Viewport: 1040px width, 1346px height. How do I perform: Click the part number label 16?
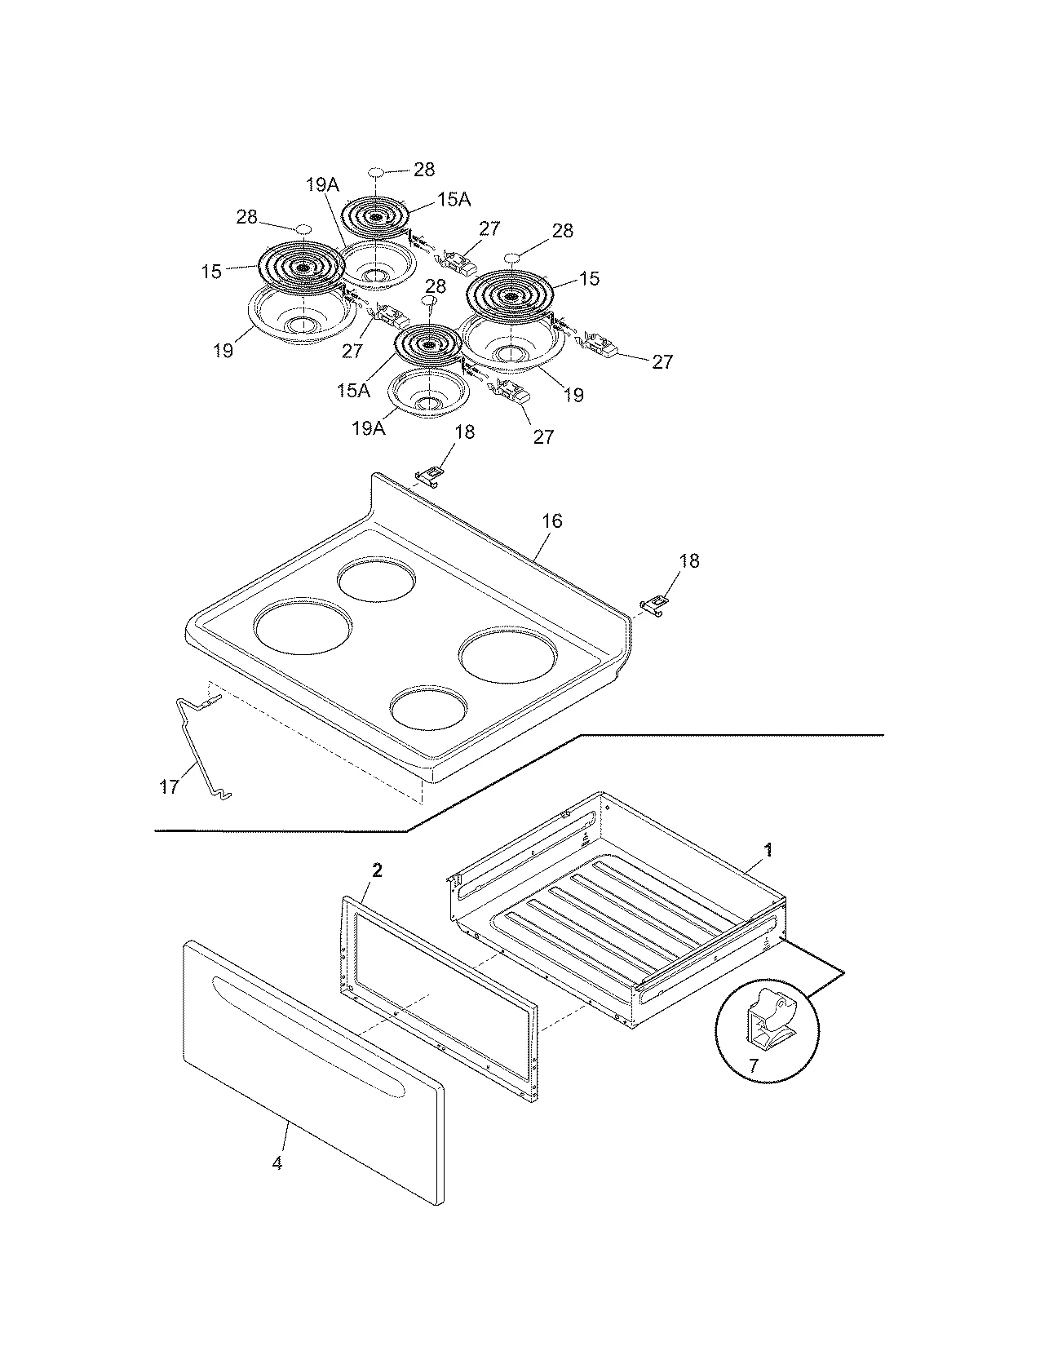(x=552, y=520)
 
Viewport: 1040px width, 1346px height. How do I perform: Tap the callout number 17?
(x=169, y=788)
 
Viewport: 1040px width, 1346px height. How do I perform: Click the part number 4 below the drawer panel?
(x=277, y=1163)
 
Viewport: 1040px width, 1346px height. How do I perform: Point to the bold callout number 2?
(x=377, y=870)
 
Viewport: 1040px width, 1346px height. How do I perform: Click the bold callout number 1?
(x=768, y=850)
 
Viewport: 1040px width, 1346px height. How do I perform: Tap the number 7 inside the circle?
(x=753, y=1065)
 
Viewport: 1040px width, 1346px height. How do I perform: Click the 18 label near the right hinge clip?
(x=689, y=561)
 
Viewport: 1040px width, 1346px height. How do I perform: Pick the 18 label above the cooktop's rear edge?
(x=464, y=432)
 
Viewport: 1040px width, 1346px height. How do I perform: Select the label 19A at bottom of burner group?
(x=368, y=427)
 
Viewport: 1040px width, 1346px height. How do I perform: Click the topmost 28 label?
(x=423, y=169)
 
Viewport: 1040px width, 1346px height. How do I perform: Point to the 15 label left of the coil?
(x=212, y=272)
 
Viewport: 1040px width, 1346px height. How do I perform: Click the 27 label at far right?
(x=662, y=361)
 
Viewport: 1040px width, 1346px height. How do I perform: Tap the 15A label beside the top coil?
(x=458, y=198)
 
